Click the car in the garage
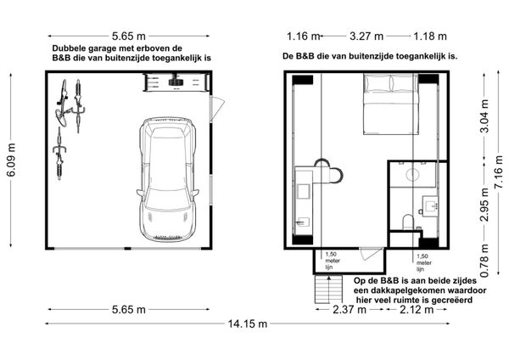(x=167, y=179)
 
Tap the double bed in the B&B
(x=390, y=104)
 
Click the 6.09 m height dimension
(x=11, y=160)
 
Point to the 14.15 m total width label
(x=248, y=323)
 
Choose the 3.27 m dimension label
(x=366, y=36)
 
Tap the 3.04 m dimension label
(x=484, y=116)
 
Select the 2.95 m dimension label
(x=484, y=205)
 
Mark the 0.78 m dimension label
(x=484, y=261)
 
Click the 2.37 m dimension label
(x=350, y=310)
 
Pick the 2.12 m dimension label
(x=417, y=310)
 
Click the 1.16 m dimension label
(x=303, y=36)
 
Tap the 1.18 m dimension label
(x=430, y=36)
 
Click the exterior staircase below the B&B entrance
(x=328, y=289)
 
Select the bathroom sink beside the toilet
(x=430, y=205)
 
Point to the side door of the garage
(x=217, y=108)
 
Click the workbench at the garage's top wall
(x=176, y=82)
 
